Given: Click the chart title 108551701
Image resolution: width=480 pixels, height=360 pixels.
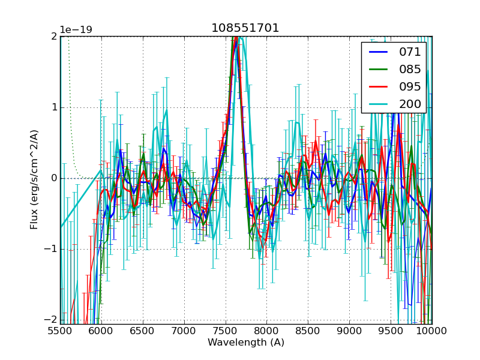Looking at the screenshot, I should coord(245,28).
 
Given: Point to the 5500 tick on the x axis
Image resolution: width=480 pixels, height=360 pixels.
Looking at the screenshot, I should coord(60,331).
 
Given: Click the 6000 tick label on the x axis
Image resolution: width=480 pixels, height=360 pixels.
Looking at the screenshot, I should coord(101,331).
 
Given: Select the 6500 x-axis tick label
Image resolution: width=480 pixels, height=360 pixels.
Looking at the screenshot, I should coord(143,331).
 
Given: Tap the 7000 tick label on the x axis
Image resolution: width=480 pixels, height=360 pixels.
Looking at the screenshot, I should coord(184,331).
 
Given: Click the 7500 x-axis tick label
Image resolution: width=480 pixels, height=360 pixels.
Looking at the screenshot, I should coord(226,331).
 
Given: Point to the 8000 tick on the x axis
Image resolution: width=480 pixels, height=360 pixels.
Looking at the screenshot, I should coord(266,331).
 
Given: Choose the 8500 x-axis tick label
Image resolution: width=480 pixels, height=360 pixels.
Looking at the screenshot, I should coord(308,331).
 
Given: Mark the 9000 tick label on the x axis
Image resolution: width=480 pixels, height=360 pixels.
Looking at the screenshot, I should coord(349,331).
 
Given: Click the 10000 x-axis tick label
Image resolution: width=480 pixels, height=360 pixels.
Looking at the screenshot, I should coord(432,331).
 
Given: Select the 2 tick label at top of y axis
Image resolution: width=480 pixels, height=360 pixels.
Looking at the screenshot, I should coord(53,37).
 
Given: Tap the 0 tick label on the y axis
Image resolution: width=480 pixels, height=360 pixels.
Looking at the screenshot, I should coord(53,178).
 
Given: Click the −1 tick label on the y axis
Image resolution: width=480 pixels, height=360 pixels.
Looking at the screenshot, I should coord(51,249).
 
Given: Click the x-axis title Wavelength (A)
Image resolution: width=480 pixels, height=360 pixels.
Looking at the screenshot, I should coord(246,343).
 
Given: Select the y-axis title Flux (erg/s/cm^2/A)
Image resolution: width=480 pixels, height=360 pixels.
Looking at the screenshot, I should coord(35,178).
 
